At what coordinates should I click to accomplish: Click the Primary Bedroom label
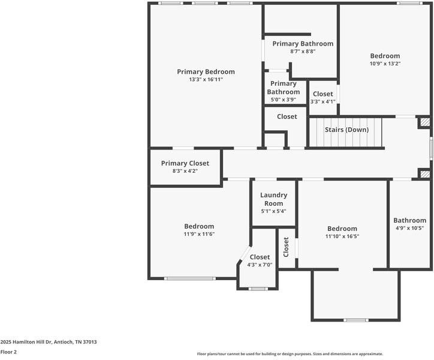coord(206,71)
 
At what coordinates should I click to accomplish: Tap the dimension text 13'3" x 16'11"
coord(206,79)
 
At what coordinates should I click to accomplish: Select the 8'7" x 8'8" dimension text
coord(303,52)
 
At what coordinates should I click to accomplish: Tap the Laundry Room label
coord(273,199)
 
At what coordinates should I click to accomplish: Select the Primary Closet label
coord(185,163)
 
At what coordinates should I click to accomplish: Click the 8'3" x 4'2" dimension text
coord(185,171)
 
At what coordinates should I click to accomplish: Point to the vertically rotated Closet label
coord(286,246)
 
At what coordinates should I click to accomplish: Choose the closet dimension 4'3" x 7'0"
coord(260,265)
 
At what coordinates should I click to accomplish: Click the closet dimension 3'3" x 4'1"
coord(323,102)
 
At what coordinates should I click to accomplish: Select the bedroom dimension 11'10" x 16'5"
coord(342,236)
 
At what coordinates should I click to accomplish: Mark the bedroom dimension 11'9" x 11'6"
coord(198,234)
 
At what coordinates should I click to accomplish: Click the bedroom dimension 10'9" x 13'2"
coord(384,64)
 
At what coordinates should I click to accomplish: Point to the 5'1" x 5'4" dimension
coord(273,211)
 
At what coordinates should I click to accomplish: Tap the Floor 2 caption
coord(8,352)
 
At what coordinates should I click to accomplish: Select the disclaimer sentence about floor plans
coord(290,354)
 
